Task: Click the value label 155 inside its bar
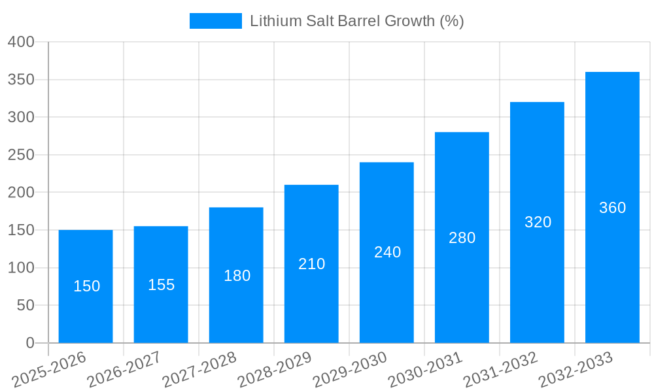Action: click(162, 285)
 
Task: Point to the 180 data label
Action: click(237, 276)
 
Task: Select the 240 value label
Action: click(387, 252)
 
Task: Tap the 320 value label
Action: click(538, 222)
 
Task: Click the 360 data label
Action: click(612, 208)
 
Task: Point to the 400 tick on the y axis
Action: click(21, 42)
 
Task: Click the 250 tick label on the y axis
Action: click(21, 155)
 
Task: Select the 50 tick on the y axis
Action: click(26, 305)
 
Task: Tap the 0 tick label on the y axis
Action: click(30, 343)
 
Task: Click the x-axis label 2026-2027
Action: click(124, 369)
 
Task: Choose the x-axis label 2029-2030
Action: click(350, 369)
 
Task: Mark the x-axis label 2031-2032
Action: click(500, 369)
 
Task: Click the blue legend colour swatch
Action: click(215, 21)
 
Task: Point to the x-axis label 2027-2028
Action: click(199, 369)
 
